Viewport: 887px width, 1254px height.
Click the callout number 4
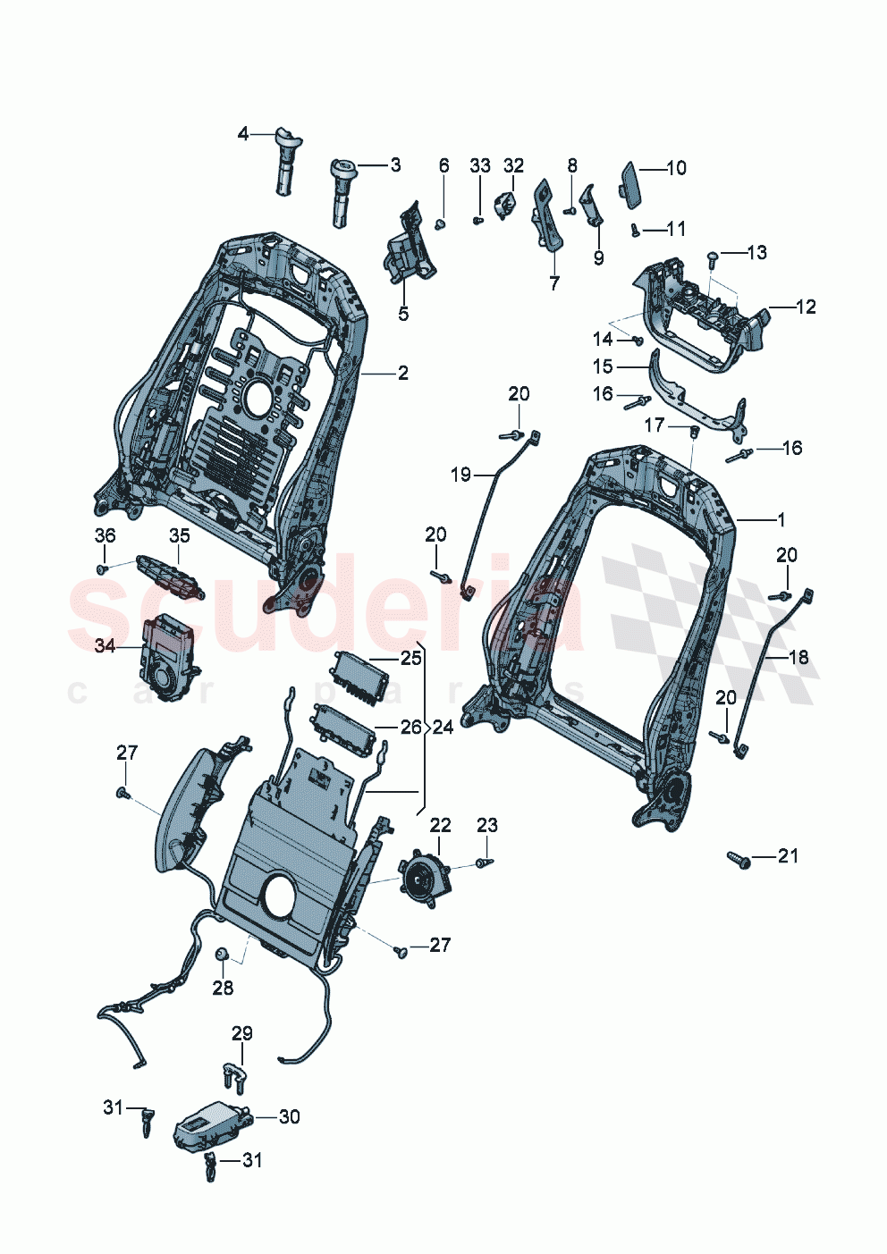243,134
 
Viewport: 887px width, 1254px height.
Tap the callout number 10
676,167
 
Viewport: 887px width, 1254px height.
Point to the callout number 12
806,307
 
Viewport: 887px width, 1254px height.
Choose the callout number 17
655,425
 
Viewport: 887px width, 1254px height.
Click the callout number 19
460,475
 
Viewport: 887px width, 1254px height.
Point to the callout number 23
486,825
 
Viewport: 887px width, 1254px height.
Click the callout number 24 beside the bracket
443,727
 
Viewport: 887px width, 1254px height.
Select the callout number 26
410,727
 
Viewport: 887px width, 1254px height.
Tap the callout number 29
242,1033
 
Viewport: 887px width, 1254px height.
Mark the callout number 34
106,644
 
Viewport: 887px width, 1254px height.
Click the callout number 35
180,535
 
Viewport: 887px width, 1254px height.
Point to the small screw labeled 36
103,568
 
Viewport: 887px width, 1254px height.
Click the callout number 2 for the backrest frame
403,373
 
